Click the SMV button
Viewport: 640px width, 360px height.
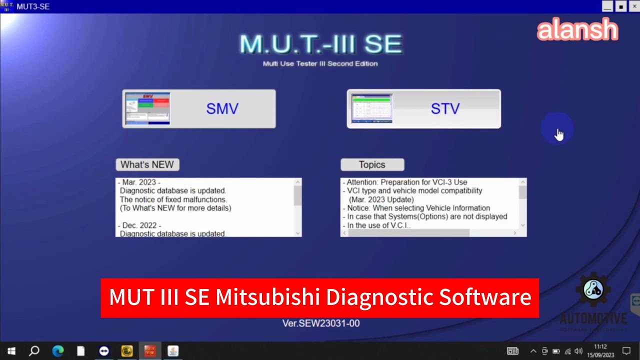(x=199, y=109)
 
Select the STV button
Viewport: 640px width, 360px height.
(x=423, y=109)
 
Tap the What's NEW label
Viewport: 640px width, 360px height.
(x=147, y=164)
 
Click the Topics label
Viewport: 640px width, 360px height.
(x=372, y=164)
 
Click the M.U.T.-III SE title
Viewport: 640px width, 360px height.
(x=320, y=44)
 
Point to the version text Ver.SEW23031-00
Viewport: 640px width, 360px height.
(x=320, y=323)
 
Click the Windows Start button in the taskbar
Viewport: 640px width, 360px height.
(x=11, y=351)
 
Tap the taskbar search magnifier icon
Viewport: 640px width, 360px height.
(x=34, y=351)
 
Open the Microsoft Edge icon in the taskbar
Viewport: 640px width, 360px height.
(x=57, y=351)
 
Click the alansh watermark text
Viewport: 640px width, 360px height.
(x=577, y=30)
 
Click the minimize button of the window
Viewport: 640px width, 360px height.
(x=607, y=6)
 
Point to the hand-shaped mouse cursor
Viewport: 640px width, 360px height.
(x=559, y=134)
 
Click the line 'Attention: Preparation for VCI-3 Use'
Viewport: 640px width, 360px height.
(x=406, y=182)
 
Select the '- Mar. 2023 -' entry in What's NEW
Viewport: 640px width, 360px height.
(x=140, y=182)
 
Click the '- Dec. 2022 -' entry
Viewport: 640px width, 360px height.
(x=140, y=225)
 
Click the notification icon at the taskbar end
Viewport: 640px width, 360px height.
(x=626, y=351)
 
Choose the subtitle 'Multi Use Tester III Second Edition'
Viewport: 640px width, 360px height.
(x=320, y=64)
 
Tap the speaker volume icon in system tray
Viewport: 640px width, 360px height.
(x=578, y=351)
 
